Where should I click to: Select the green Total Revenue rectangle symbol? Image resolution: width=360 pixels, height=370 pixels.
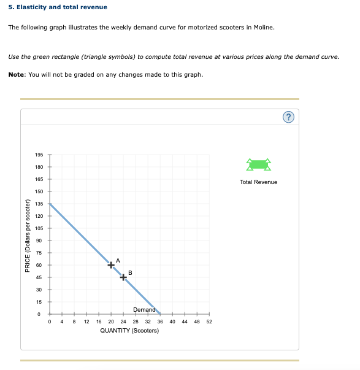tap(258, 164)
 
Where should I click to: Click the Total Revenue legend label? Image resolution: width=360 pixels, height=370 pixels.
tap(258, 182)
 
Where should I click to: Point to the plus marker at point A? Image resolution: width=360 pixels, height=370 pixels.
tap(111, 265)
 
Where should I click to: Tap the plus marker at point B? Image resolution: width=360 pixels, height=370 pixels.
tap(123, 277)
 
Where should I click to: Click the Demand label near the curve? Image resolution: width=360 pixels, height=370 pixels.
tap(144, 310)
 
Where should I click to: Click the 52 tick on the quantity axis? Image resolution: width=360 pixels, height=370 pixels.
tap(209, 321)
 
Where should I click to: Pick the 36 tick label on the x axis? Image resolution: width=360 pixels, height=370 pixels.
tap(160, 321)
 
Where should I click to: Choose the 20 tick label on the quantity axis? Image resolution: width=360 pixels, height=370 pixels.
tap(111, 321)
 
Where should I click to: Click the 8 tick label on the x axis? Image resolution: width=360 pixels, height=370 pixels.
tap(74, 321)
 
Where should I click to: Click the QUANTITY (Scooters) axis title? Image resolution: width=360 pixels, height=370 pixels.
tap(129, 331)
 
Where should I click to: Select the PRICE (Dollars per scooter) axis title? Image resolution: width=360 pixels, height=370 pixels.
tap(28, 236)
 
